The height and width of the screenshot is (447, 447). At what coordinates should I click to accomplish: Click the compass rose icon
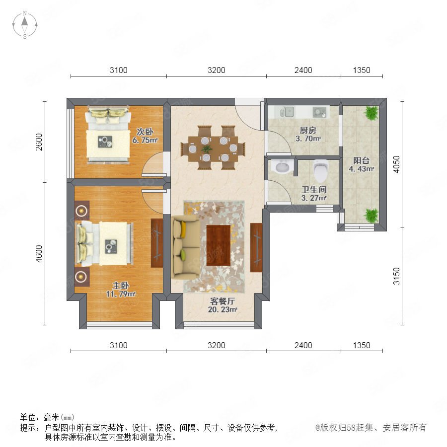[25, 25]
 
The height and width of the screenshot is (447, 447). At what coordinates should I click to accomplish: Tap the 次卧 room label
[145, 132]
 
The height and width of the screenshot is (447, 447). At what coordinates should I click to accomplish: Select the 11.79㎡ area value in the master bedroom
[121, 294]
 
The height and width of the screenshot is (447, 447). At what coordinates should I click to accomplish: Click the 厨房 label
[308, 130]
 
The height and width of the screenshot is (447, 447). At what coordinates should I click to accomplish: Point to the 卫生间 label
[314, 189]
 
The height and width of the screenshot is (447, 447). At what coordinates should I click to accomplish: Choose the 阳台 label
[361, 160]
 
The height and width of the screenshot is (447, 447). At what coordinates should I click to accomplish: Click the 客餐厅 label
[223, 301]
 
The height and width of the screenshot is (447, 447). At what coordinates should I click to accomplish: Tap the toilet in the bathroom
[321, 170]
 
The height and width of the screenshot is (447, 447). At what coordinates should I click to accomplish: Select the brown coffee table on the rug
[219, 245]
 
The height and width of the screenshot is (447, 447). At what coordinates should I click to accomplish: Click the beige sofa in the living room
[185, 247]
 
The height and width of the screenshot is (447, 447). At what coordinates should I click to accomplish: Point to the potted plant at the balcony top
[372, 113]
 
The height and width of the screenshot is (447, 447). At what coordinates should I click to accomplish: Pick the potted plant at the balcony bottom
[372, 215]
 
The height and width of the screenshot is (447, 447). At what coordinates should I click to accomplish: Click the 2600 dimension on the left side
[39, 142]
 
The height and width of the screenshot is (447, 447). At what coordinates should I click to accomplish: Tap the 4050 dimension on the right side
[396, 164]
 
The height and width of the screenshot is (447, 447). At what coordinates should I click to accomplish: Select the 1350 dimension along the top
[362, 70]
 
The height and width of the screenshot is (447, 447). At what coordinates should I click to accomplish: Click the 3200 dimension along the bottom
[217, 345]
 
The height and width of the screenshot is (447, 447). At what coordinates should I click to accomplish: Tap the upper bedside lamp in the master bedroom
[82, 211]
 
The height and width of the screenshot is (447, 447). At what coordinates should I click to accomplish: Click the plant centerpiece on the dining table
[207, 149]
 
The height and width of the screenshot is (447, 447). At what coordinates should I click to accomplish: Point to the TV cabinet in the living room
[256, 247]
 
